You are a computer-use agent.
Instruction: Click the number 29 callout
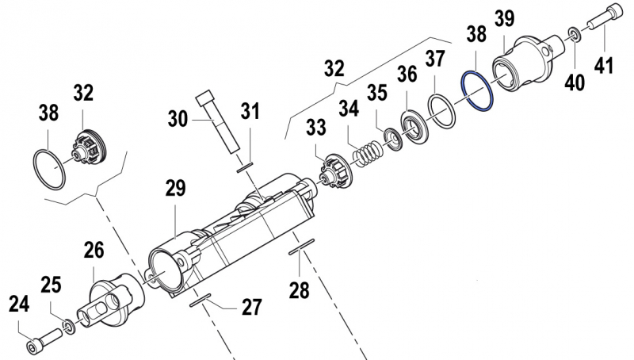click(175, 189)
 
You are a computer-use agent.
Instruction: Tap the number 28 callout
click(299, 290)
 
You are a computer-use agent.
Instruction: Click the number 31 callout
click(250, 113)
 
